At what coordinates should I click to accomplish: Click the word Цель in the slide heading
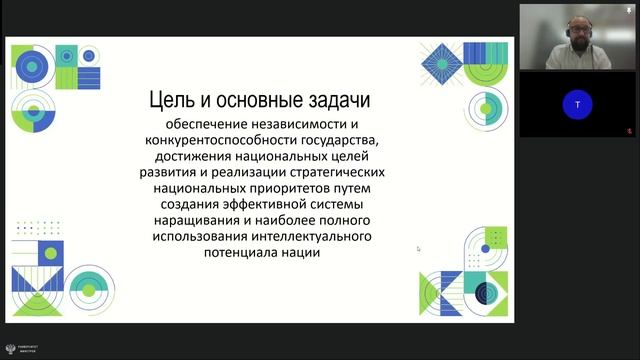pos(170,100)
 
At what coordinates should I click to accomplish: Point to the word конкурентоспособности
pos(218,141)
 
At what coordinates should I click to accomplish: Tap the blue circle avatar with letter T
pos(577,103)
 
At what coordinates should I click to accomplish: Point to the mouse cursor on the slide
pos(418,248)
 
